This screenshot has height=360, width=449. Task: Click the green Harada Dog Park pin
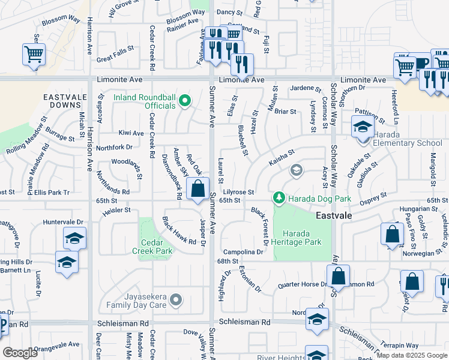coord(279,197)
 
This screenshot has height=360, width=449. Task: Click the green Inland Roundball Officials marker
coord(185,101)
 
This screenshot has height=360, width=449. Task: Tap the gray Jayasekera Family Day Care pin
coord(175,299)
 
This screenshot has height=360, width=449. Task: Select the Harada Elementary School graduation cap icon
coord(362,127)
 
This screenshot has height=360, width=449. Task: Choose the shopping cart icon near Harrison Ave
coord(34,54)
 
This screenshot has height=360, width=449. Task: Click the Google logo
coord(20,353)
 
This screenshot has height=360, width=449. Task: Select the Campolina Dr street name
coord(243,252)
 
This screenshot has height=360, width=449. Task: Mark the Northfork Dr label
coord(114,147)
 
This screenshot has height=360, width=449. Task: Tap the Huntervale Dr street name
coord(63,222)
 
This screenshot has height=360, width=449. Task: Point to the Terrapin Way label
coord(402,345)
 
